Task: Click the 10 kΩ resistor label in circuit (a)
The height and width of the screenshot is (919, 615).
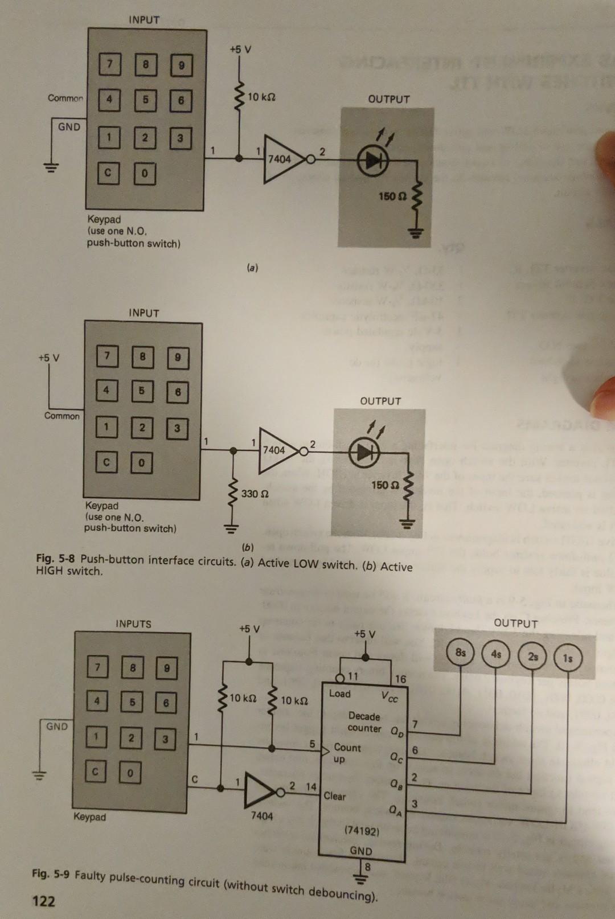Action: (261, 97)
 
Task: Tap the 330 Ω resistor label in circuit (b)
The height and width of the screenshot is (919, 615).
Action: (255, 494)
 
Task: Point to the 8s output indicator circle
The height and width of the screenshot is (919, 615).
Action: (460, 653)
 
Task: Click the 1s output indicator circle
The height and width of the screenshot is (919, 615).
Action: (567, 658)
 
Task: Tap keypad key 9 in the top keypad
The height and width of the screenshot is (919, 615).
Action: (181, 65)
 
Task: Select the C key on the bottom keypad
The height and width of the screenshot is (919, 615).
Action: (96, 773)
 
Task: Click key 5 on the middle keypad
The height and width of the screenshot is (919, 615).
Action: (141, 391)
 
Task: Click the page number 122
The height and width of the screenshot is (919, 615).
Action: (44, 901)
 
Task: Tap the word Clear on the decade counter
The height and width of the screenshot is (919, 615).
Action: (334, 796)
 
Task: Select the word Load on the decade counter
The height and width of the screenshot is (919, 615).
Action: (340, 694)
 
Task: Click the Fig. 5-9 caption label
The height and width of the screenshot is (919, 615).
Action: (51, 873)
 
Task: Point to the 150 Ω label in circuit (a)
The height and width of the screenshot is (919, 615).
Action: (392, 196)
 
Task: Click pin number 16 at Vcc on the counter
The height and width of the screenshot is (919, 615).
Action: (400, 679)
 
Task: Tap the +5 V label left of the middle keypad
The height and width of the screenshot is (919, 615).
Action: (49, 358)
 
